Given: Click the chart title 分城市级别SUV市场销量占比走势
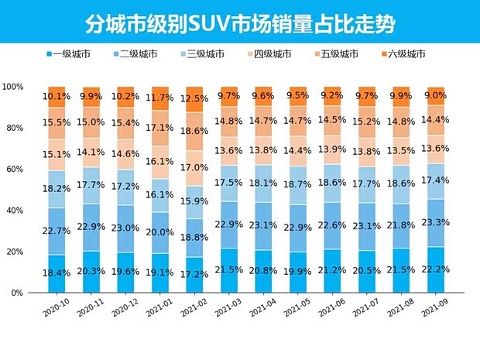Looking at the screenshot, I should [x=239, y=22].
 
